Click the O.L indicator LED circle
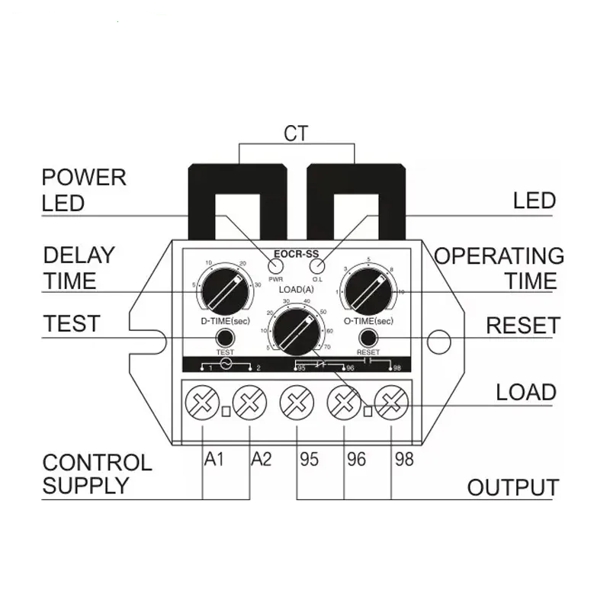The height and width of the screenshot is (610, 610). point(318,266)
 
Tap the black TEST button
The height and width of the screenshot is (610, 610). point(225,338)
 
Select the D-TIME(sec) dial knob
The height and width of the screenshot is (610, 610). point(225,291)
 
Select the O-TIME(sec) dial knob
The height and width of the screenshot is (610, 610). point(368,291)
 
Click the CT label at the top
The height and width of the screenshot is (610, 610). point(296,134)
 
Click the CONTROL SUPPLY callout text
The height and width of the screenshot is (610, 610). point(97,474)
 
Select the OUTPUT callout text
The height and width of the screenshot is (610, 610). point(512,488)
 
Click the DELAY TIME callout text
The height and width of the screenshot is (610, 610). point(79,268)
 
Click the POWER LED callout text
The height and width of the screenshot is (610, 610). point(84,190)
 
